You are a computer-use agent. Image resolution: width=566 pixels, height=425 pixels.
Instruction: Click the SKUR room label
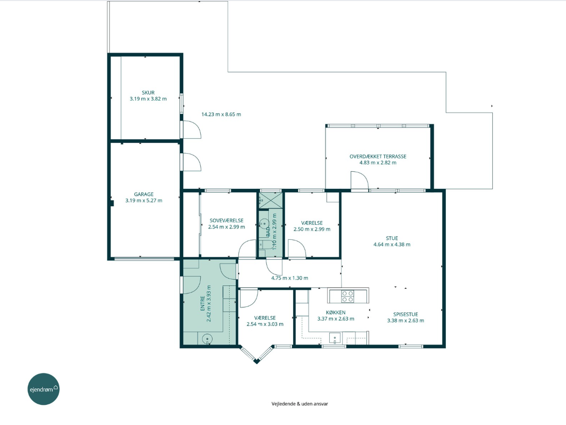(148, 93)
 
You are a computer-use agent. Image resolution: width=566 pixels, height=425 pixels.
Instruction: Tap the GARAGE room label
(143, 194)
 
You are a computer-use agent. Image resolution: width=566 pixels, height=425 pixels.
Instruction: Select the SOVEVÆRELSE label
(227, 220)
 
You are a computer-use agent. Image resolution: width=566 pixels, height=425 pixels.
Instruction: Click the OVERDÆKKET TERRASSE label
(378, 157)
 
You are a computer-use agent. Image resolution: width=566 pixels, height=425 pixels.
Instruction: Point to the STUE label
(392, 238)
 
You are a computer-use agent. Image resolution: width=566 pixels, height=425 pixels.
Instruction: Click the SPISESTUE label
(406, 314)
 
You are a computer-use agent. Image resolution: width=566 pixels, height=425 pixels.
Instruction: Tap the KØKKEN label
(336, 313)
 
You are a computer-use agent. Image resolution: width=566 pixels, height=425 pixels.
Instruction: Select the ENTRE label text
(202, 303)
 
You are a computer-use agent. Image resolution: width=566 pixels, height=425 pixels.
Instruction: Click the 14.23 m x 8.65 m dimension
(221, 115)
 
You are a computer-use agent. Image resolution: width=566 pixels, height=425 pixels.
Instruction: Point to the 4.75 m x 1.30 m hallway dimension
(290, 278)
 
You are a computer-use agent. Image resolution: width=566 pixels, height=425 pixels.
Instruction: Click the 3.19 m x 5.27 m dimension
(143, 201)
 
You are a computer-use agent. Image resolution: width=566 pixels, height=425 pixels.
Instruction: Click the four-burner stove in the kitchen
(348, 297)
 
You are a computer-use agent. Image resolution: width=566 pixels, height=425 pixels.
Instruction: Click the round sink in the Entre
(207, 339)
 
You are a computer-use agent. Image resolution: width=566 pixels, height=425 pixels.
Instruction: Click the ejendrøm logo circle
(43, 389)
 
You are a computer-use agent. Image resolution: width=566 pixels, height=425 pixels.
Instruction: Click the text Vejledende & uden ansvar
(300, 404)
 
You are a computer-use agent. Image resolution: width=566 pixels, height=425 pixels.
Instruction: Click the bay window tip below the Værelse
(256, 362)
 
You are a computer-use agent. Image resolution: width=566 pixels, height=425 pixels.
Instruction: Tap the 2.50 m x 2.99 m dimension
(312, 229)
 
